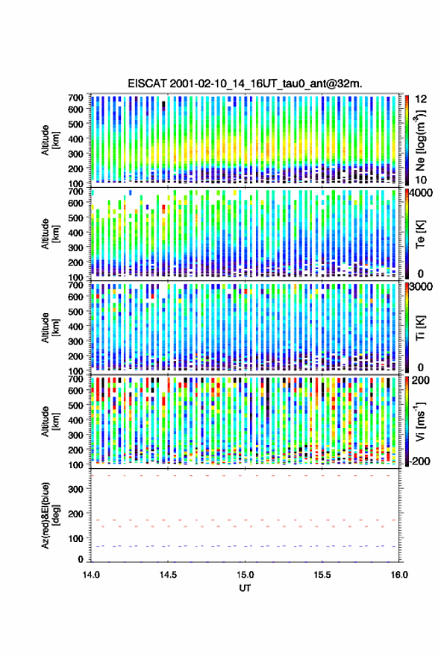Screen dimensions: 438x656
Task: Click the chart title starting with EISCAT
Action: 245,83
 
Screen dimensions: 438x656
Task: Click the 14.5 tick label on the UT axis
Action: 168,575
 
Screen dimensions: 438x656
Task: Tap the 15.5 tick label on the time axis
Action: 322,575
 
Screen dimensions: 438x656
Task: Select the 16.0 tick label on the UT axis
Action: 399,575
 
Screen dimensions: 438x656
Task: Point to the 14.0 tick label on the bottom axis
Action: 91,575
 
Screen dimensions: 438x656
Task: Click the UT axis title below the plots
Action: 245,588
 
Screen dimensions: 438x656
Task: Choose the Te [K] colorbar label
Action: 420,234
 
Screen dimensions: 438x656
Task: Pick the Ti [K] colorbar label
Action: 420,327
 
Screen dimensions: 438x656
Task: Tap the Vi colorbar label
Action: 420,421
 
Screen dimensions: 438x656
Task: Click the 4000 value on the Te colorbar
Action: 421,194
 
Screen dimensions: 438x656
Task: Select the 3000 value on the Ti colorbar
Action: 421,287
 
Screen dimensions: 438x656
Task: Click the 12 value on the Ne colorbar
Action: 421,99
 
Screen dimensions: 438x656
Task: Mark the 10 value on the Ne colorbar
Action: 421,180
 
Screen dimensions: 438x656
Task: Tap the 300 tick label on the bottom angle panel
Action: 75,489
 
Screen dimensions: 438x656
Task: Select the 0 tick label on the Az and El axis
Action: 81,559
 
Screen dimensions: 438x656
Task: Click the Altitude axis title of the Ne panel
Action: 50,140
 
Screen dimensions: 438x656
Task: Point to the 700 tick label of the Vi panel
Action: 75,379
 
